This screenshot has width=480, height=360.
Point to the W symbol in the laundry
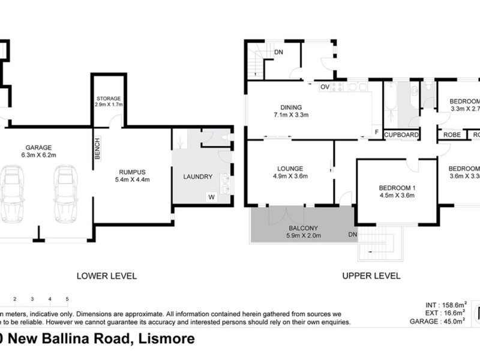pos(211,196)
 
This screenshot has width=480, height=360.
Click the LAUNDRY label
pos(198,176)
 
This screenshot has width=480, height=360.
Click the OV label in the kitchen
pos(325,87)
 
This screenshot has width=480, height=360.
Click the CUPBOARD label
pos(401,135)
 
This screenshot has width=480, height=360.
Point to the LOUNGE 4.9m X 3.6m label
pos(290,172)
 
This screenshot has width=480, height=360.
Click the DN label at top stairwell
pos(278,52)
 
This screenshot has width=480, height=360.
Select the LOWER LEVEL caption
pos(107,276)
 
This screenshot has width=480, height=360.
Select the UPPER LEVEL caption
pos(371,276)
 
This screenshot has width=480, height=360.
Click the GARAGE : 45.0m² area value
pos(440,321)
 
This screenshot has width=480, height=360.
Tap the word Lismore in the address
pos(166,338)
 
